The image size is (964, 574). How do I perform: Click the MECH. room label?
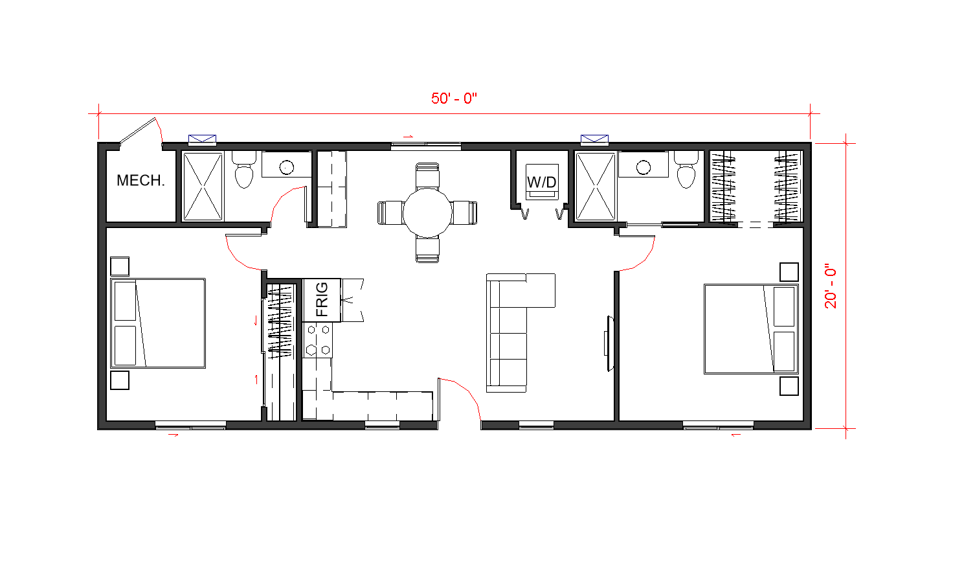coord(140,180)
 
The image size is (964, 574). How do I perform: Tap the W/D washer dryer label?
coord(542,182)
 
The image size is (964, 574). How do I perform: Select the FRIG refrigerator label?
coord(322,300)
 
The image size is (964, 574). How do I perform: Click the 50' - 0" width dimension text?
coord(454,98)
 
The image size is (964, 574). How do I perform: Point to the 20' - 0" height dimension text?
coord(831,286)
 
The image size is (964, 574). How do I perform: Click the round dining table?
coord(427,212)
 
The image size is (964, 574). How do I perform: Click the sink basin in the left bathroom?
coord(287,167)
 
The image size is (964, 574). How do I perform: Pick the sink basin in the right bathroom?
coord(644,167)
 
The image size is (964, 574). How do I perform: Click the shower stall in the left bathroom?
coord(203,187)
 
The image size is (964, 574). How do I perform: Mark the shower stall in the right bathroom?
coord(595,187)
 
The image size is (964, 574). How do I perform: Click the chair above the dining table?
coord(427,176)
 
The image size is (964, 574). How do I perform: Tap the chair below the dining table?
coord(427,250)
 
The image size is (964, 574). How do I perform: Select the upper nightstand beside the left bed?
coord(120,266)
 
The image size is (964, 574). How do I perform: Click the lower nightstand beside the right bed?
coord(789,386)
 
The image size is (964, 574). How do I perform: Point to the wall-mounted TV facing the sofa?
coord(609,343)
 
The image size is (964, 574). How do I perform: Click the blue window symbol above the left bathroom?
coord(202,139)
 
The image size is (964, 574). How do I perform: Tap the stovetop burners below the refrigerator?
coord(318,340)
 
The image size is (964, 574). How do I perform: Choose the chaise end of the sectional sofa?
coord(540,290)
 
